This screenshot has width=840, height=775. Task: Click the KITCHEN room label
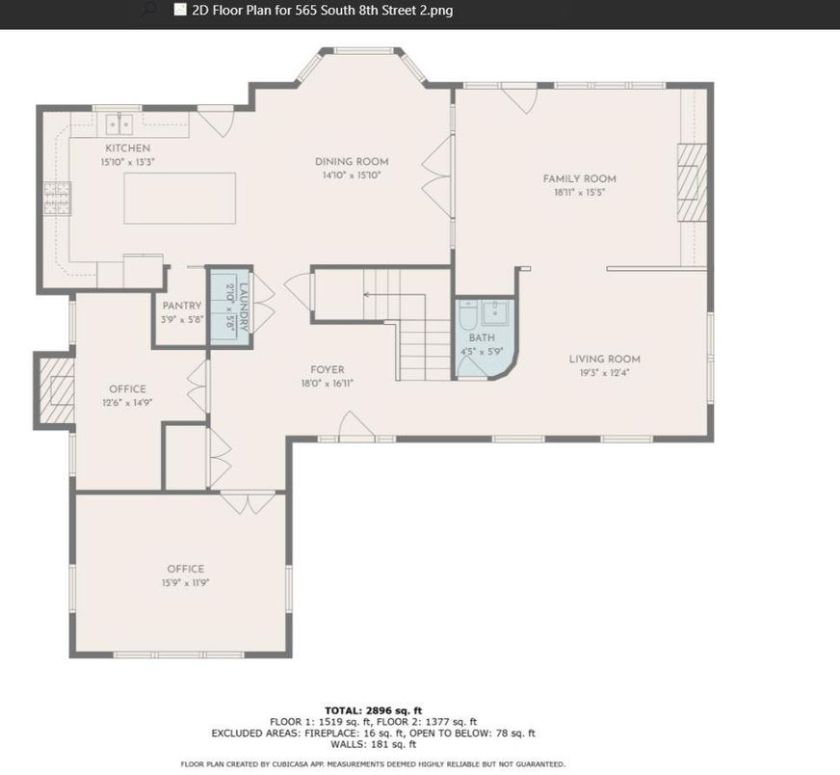127,148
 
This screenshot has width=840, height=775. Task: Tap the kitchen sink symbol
118,125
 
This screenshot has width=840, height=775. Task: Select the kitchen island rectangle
180,198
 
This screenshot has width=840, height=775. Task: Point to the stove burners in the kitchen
58,199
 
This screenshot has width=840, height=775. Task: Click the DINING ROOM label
352,162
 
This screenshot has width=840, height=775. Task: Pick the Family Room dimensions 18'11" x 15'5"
580,193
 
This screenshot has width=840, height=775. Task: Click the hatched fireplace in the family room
693,182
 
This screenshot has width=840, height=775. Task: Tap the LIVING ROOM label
604,360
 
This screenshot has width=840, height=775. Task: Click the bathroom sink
496,312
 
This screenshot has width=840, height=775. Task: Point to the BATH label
482,338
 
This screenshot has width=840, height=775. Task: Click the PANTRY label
182,306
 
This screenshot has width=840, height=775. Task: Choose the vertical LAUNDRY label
244,307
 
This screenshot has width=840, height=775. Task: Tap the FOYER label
328,370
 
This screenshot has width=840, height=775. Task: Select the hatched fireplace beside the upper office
57,390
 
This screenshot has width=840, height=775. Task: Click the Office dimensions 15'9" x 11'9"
185,583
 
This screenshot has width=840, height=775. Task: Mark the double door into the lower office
248,503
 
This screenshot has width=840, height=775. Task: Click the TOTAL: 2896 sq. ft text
374,711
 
